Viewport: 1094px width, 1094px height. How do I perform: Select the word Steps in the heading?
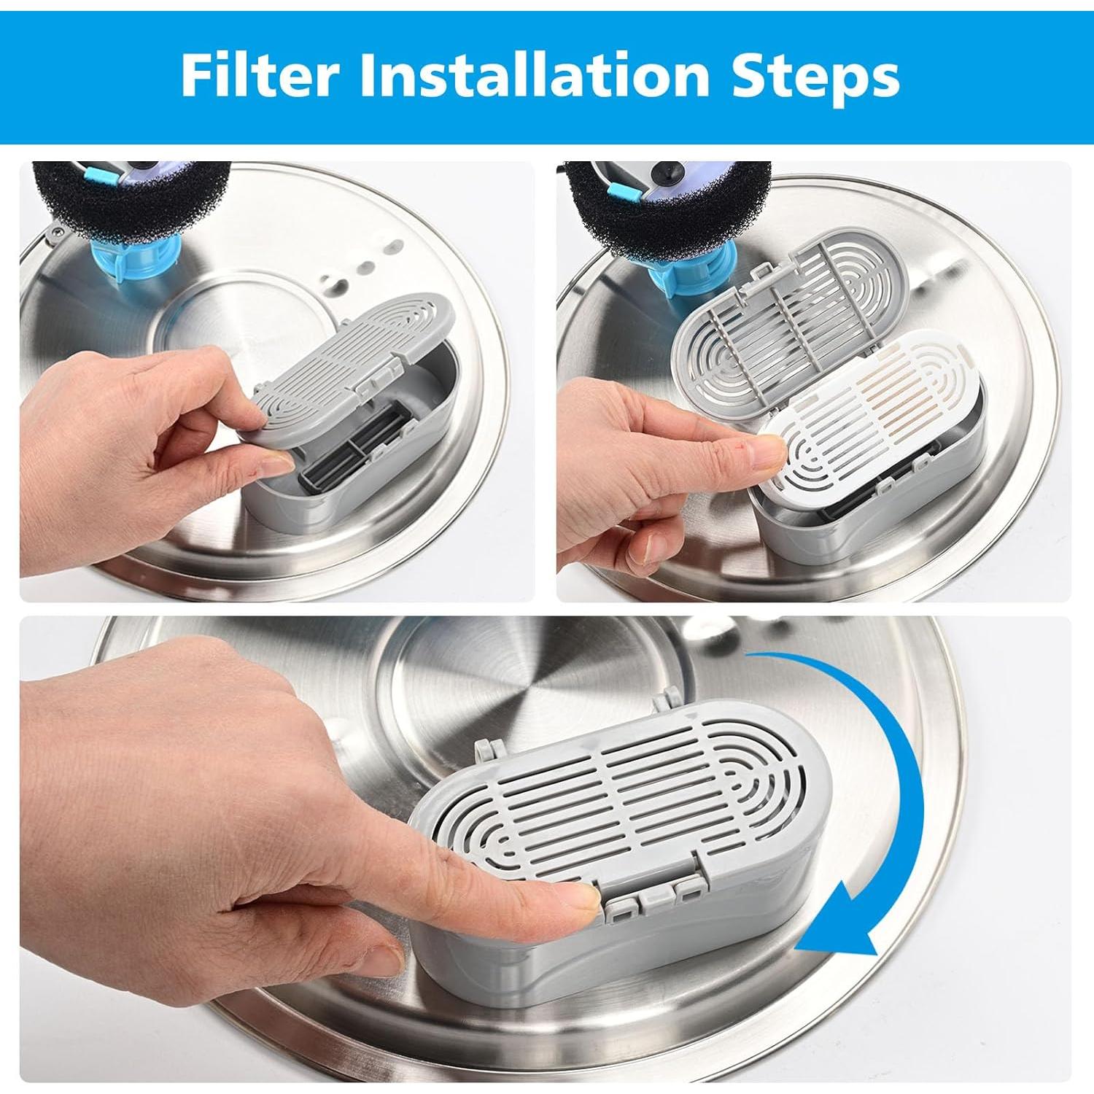[x=815, y=75]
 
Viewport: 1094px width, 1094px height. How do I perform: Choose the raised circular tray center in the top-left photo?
[x=219, y=321]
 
